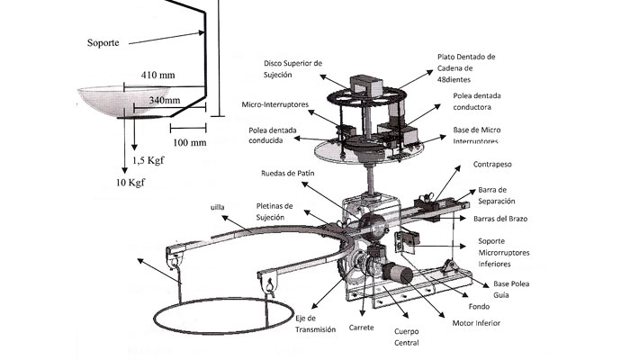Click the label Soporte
coord(106,41)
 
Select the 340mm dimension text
coord(163,99)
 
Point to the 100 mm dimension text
coord(188,142)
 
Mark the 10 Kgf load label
coord(130,183)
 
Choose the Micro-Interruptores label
coord(274,104)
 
